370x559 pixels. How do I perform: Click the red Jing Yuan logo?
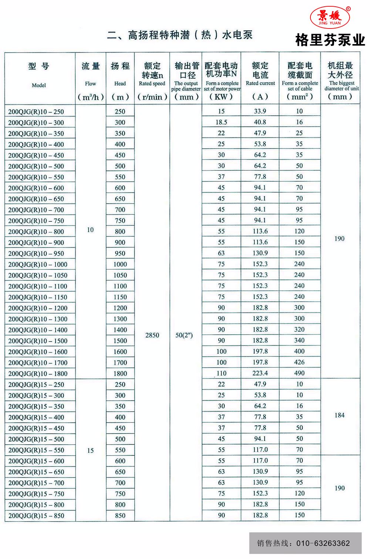(x=329, y=17)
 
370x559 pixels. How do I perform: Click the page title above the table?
(x=180, y=36)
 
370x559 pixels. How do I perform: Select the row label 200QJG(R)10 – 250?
(x=36, y=112)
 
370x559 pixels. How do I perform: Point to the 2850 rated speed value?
(x=152, y=335)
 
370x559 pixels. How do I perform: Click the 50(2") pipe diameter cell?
(x=184, y=335)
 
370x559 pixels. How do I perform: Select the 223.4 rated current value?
(x=260, y=373)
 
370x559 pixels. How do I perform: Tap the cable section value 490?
(x=299, y=373)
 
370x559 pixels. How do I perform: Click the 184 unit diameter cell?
(x=339, y=415)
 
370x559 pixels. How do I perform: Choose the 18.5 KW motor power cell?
(x=221, y=122)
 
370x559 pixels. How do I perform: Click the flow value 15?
(x=90, y=451)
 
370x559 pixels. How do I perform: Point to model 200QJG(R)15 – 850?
(x=36, y=516)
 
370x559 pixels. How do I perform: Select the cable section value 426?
(x=299, y=362)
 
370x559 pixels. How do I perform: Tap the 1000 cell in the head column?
(x=120, y=264)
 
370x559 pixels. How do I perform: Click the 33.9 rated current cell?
(x=260, y=111)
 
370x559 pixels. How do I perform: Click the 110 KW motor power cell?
(x=221, y=373)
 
